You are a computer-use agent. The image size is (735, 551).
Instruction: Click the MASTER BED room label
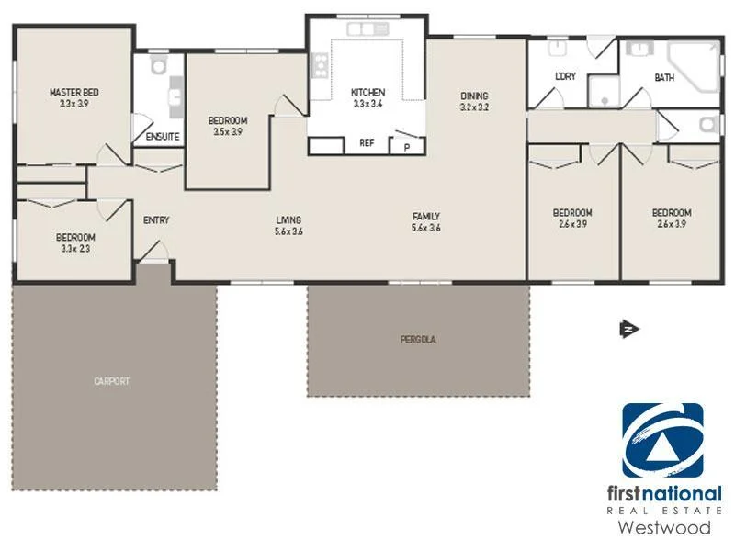[74, 93]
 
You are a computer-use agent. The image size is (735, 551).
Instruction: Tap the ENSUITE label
[162, 137]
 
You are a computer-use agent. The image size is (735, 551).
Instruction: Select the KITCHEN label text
[367, 93]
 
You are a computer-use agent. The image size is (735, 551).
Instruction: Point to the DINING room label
[474, 96]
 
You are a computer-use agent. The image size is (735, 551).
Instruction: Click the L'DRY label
[565, 76]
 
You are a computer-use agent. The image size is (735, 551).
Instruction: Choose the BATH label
[663, 78]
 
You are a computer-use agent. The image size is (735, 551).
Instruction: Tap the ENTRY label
[156, 220]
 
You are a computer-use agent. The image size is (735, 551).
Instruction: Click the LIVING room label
[288, 219]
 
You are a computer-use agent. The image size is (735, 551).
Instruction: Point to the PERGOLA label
[417, 339]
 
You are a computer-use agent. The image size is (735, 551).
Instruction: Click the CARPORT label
[111, 380]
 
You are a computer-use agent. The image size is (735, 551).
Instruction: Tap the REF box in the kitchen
[367, 143]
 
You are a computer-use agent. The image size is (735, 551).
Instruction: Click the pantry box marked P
[406, 145]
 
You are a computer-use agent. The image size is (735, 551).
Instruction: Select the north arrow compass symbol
[628, 328]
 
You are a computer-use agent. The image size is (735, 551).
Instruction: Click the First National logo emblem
[662, 440]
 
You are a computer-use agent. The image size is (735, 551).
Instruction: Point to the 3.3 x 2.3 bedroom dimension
[75, 248]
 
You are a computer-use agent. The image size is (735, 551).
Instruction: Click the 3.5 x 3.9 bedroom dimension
[227, 132]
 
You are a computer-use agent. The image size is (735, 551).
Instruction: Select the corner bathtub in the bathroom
[695, 66]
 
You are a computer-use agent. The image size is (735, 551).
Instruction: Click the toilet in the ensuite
[157, 65]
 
